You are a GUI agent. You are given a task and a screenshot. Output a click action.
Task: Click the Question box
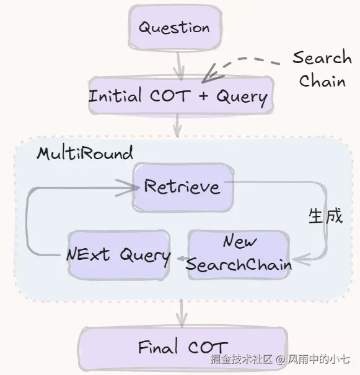coord(175,27)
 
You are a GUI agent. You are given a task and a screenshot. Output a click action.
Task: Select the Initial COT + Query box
coord(181,95)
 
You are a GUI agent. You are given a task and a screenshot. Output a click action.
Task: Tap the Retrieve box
coord(183,187)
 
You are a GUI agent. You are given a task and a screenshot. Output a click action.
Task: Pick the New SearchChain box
coord(239,255)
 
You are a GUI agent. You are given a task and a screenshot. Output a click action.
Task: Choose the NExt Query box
coord(119,254)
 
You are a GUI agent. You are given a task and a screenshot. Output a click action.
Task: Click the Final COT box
coord(183,348)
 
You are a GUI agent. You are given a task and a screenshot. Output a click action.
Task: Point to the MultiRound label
coord(85,153)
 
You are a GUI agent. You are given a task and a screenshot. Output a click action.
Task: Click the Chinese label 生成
coord(325,216)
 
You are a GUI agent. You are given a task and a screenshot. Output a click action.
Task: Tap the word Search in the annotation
coord(322,58)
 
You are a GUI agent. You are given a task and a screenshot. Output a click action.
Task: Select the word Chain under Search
coord(322,80)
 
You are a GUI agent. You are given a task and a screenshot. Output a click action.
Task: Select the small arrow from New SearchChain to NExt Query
coord(182,258)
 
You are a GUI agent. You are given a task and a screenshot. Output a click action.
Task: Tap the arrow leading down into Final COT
coord(182,313)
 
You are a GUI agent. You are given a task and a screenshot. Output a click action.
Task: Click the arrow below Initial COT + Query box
coord(177,126)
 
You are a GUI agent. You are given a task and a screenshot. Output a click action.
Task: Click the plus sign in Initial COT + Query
coord(204,96)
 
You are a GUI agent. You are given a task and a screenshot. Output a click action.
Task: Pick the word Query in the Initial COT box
coord(242,98)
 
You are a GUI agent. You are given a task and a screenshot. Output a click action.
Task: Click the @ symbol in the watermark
coord(281,360)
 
